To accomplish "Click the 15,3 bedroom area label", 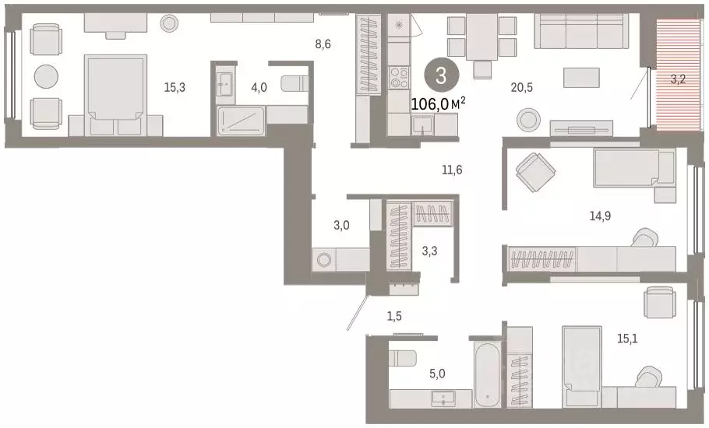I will pyautogui.click(x=174, y=88).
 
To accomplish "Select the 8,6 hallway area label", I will pyautogui.click(x=323, y=44).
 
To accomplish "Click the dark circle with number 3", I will pyautogui.click(x=441, y=76).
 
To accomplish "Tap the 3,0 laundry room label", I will pyautogui.click(x=341, y=226).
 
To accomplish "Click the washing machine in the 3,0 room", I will pyautogui.click(x=323, y=260).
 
